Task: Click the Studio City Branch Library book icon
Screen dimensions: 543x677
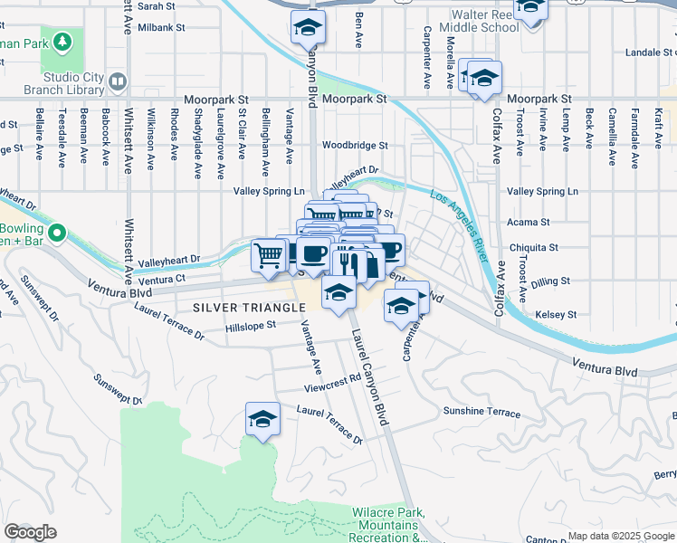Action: point(118,83)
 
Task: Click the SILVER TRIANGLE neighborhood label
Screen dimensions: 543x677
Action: point(249,308)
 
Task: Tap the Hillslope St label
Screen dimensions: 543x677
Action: point(250,327)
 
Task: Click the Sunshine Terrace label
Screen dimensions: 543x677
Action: point(482,412)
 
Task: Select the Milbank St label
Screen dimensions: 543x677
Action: point(161,27)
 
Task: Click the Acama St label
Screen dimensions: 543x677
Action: point(529,222)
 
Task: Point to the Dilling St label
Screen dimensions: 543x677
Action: point(552,281)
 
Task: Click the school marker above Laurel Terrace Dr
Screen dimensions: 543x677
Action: point(262,420)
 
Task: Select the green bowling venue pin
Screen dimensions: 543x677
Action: point(57,235)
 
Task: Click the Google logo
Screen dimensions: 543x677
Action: point(30,532)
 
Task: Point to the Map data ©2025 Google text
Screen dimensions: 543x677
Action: point(620,536)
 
